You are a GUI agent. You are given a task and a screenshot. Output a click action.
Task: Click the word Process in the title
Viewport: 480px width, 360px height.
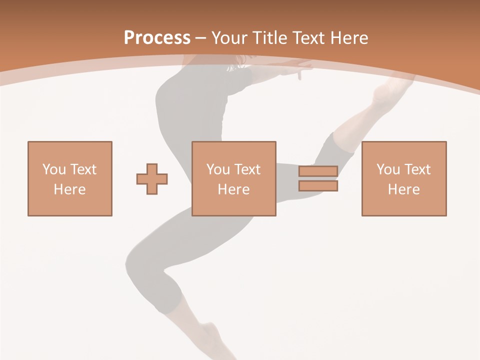[x=157, y=38]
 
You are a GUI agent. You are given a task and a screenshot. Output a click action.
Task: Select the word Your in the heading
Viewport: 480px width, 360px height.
[x=229, y=38]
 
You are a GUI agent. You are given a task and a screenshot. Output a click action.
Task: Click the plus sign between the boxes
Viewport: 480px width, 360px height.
[x=152, y=179]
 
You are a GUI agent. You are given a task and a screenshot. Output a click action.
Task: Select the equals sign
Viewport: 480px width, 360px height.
[x=318, y=178]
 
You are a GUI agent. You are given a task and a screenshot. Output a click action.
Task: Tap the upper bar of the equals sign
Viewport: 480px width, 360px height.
[x=318, y=171]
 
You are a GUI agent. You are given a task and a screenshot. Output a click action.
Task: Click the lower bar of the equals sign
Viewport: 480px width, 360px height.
[x=318, y=186]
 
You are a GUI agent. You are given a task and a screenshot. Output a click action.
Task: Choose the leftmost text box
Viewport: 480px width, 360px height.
[x=70, y=178]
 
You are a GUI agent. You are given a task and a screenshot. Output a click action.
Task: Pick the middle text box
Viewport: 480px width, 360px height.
[x=234, y=178]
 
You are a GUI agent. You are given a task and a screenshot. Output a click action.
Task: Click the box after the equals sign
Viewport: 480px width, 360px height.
[x=404, y=178]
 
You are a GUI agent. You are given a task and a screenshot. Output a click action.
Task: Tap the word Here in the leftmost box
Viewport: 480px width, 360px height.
[x=70, y=189]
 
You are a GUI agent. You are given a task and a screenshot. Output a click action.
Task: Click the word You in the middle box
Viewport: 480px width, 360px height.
[x=218, y=169]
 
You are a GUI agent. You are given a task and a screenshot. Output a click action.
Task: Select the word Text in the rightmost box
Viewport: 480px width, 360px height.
[x=416, y=169]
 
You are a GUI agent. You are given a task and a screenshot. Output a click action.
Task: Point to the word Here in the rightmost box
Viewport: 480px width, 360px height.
[x=404, y=189]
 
